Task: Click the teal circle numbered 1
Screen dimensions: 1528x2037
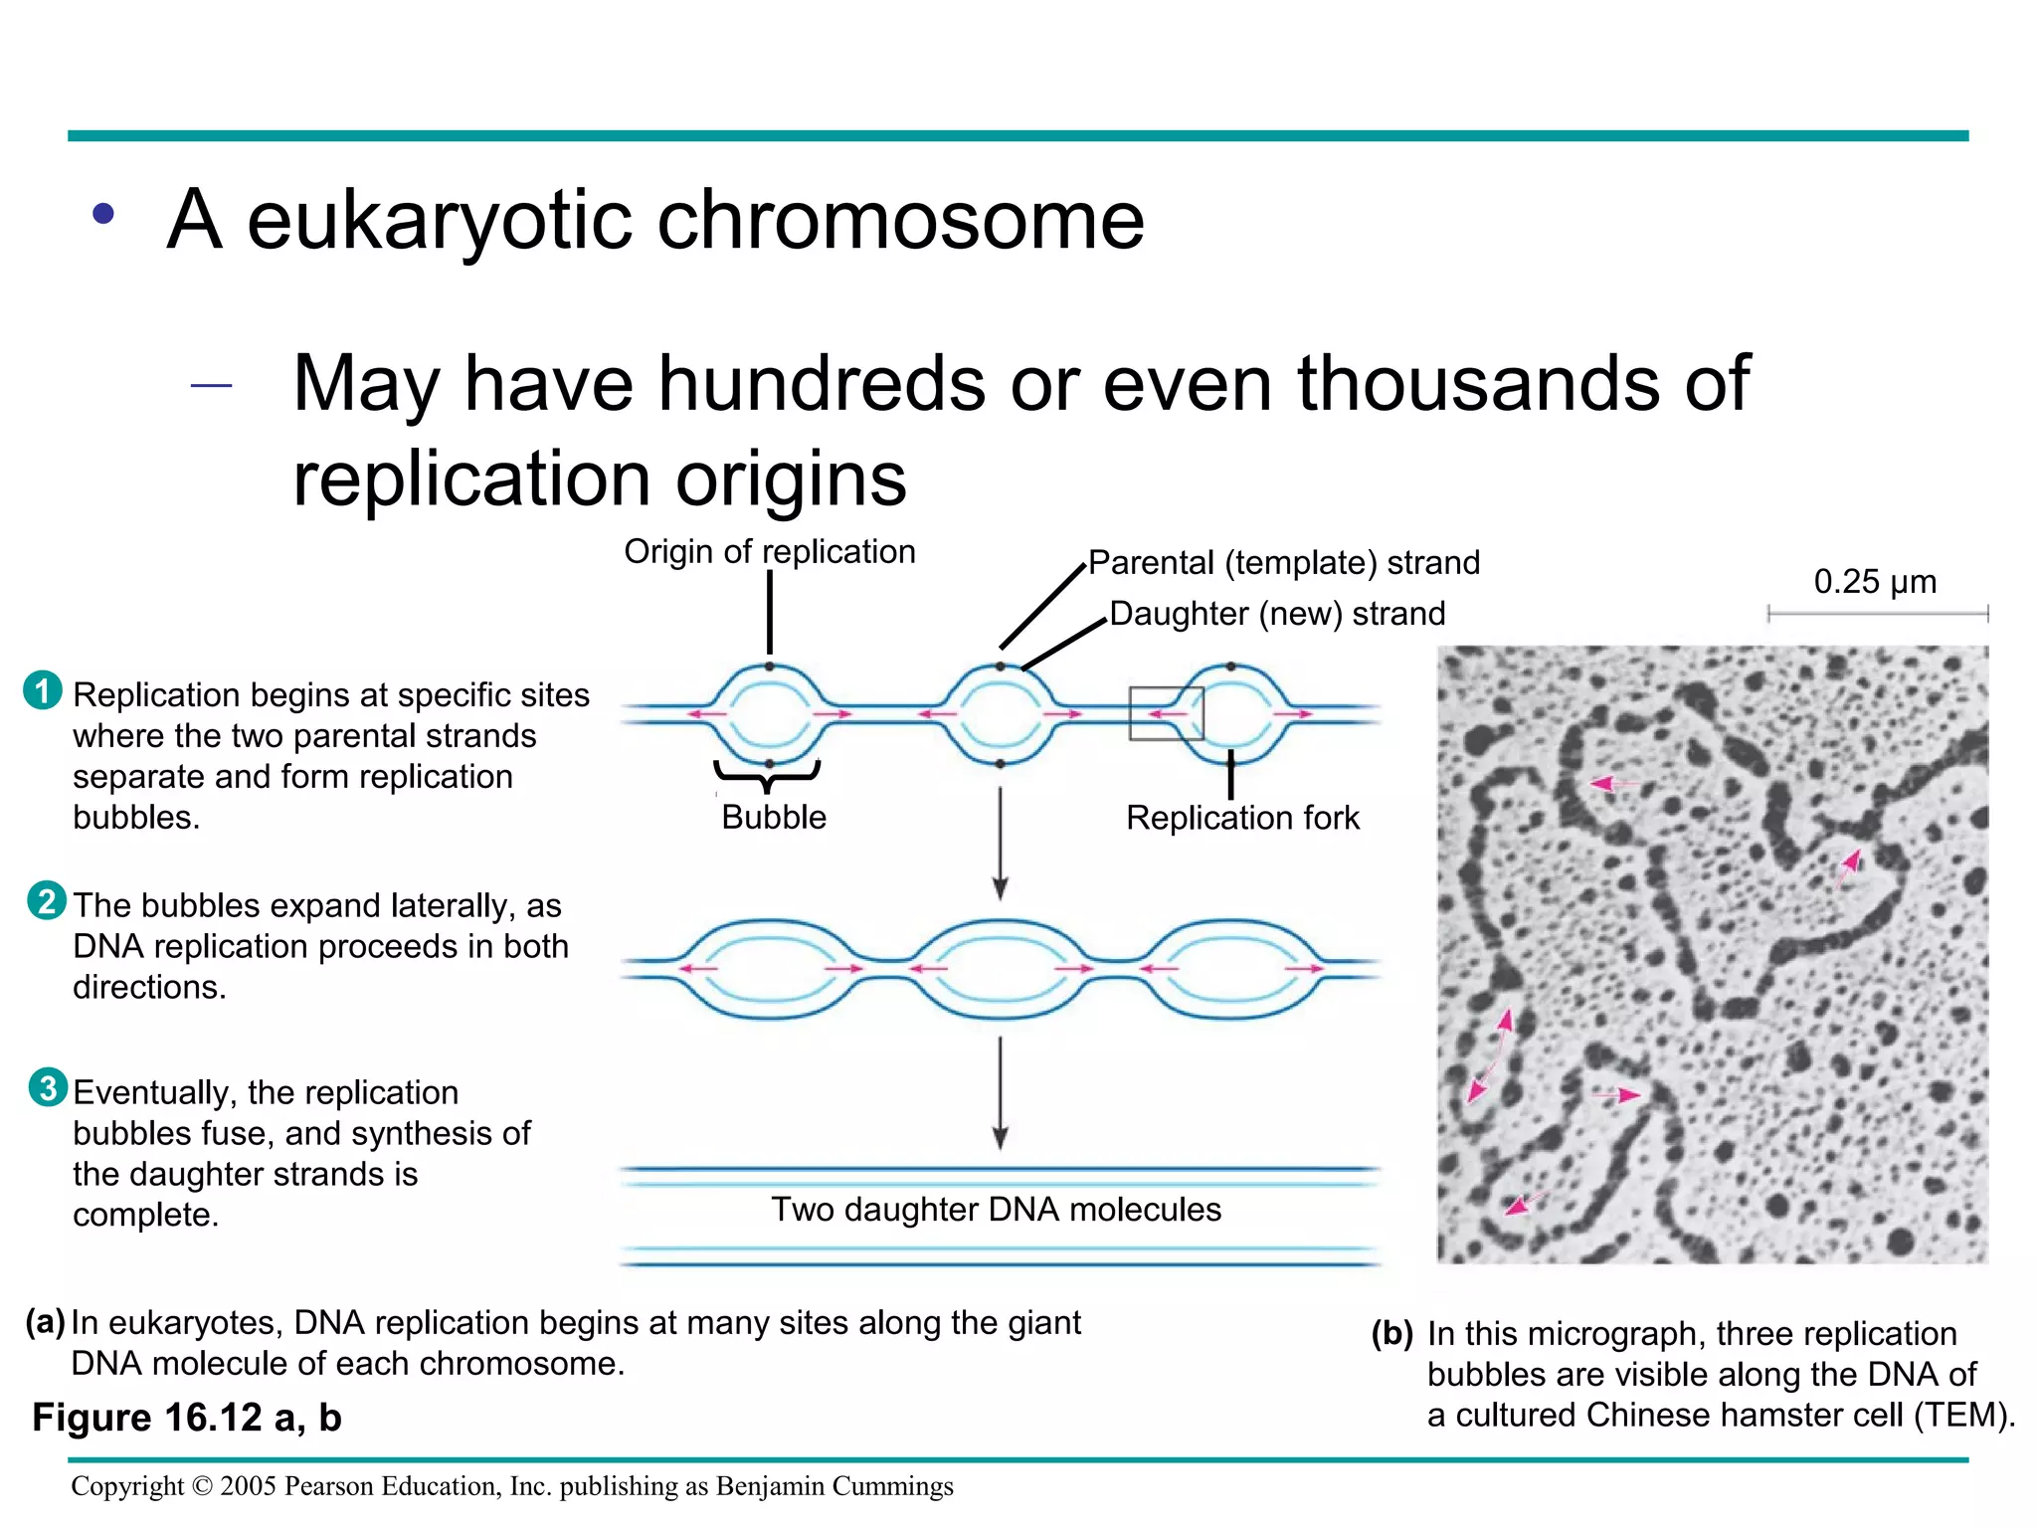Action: coord(43,690)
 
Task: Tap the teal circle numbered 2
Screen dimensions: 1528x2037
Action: coord(47,901)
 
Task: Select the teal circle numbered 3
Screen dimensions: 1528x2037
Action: coord(48,1087)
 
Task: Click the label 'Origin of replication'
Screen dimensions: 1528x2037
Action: coord(769,551)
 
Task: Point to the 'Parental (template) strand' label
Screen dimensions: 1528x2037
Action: coord(1283,563)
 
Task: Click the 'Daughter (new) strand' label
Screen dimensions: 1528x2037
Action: coord(1277,614)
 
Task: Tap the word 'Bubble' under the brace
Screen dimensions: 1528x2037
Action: coord(774,817)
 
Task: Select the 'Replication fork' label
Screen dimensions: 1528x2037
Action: coord(1242,818)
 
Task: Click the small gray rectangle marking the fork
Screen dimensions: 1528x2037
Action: coord(1166,713)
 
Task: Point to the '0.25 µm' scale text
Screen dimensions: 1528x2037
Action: coord(1875,581)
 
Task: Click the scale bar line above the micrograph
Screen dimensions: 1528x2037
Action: coord(1877,614)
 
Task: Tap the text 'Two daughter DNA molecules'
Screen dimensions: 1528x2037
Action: coord(996,1209)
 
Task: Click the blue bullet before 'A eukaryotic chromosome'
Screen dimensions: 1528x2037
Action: coord(103,214)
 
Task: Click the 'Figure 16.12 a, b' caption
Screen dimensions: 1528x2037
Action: coord(187,1418)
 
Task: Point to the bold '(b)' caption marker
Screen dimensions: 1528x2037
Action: coord(1391,1333)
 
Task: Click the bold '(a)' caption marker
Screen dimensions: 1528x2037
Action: coord(46,1322)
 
